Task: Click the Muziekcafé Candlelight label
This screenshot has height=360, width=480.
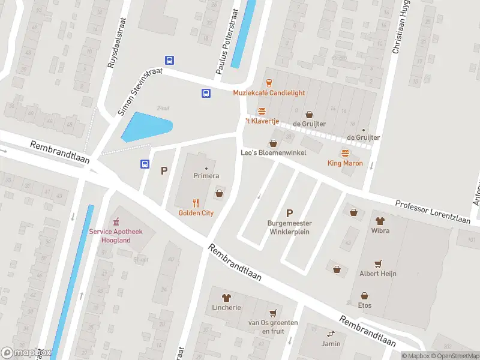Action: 269,93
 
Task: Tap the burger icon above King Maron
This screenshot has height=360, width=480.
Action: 345,152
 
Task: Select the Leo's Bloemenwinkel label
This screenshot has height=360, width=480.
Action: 274,153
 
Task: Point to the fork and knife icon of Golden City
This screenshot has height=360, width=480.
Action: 196,203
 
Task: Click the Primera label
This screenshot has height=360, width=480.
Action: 206,176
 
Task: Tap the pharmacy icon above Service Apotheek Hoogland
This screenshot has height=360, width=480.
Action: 117,221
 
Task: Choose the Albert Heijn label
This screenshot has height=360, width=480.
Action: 377,274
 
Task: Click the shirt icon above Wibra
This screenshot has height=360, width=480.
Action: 380,220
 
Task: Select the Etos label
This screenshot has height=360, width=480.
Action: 365,305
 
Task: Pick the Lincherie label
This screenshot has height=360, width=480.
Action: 226,307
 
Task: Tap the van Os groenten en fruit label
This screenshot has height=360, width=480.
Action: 273,326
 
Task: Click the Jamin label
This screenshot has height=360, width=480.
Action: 329,344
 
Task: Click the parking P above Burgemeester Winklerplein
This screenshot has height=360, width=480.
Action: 289,213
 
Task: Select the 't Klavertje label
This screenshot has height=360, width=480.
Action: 262,121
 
